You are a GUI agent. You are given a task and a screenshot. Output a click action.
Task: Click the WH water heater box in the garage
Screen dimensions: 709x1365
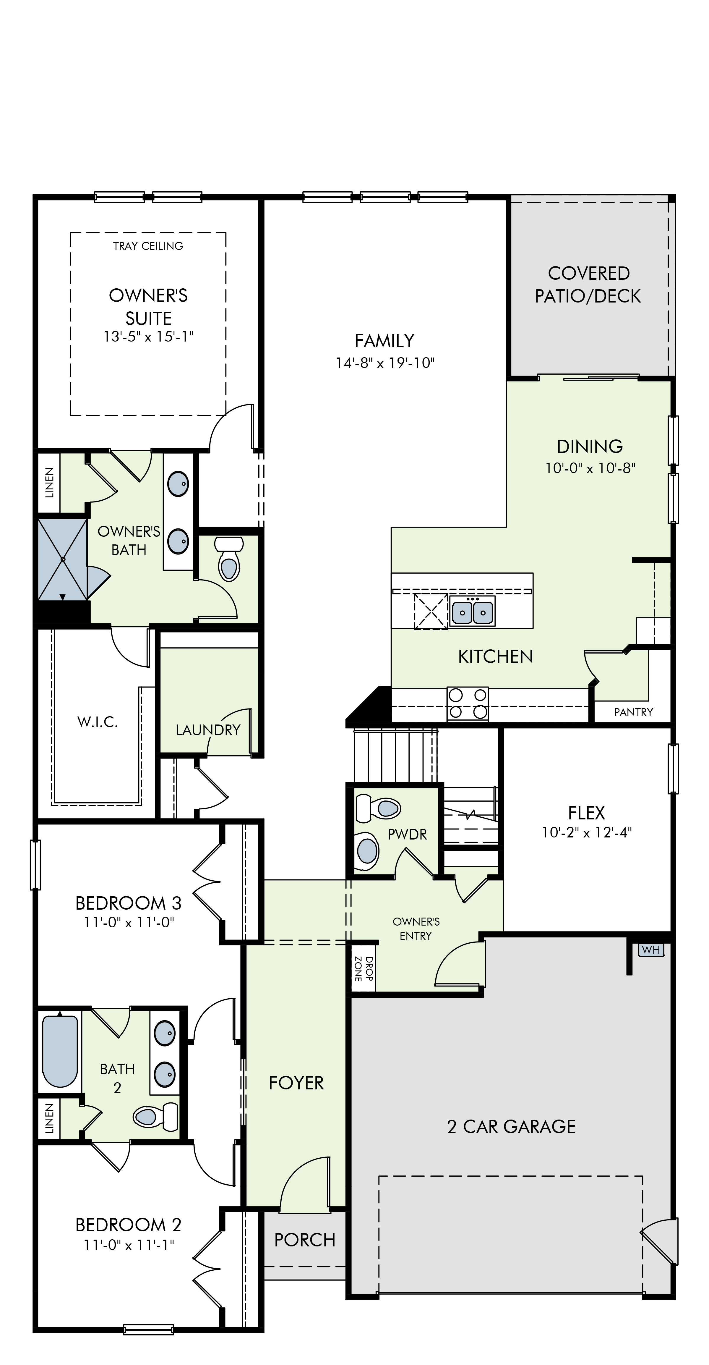[x=651, y=950]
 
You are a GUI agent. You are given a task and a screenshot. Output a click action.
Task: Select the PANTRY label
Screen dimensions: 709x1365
[x=633, y=712]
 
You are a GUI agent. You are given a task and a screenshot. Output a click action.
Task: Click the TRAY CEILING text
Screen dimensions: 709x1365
[x=148, y=246]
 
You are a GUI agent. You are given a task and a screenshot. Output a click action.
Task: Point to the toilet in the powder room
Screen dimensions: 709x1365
[x=378, y=808]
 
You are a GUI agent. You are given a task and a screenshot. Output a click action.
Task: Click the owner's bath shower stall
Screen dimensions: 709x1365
[x=62, y=559]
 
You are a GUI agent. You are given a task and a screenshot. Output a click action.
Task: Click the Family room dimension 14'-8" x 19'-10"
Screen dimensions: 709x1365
[x=385, y=363]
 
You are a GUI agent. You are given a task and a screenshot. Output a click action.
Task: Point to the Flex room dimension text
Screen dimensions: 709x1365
[x=587, y=832]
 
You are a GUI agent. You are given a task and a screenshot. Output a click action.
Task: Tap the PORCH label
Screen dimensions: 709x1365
[x=305, y=1240]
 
